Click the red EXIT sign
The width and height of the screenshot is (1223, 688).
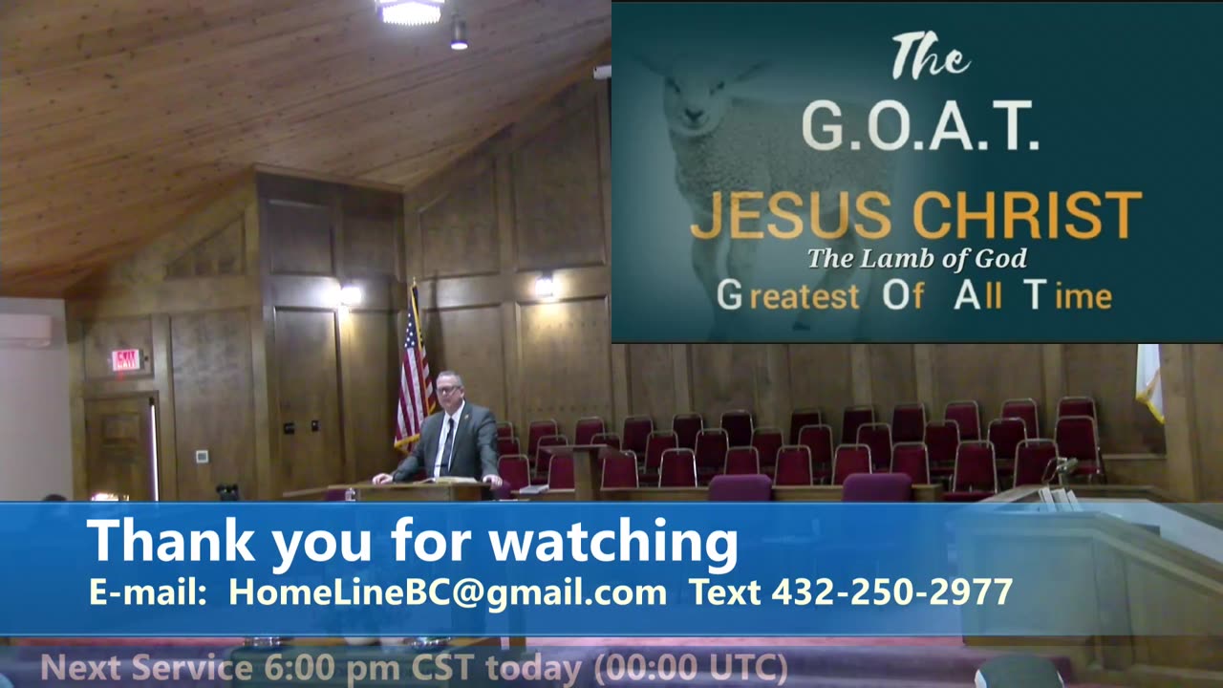coord(125,360)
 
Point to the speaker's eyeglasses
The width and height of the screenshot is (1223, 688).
coord(448,389)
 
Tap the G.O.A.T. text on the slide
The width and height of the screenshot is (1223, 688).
coord(919,126)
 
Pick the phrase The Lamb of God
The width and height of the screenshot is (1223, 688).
coord(917,258)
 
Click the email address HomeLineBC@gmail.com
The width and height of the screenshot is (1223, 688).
coord(447,592)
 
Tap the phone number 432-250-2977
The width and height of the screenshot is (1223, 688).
coord(890,592)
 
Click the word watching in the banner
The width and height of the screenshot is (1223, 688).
coord(613,541)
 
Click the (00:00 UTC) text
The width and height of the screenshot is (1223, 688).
coord(691,668)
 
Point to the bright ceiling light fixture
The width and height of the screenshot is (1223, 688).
coord(411,11)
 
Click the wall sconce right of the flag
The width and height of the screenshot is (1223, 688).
coord(545,285)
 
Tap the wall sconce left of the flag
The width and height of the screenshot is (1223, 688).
coord(350,294)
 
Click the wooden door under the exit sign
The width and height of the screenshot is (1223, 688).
coord(118,444)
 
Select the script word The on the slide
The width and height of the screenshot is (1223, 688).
coord(930,59)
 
